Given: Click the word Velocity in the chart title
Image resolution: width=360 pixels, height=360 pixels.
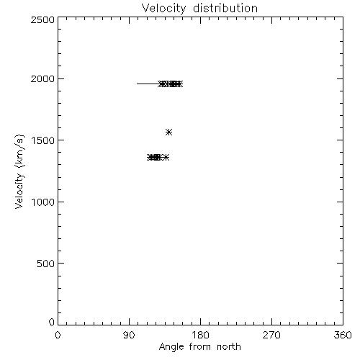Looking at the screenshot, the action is point(163,9).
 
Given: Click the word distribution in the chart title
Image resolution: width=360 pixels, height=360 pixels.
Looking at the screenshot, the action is point(225,8).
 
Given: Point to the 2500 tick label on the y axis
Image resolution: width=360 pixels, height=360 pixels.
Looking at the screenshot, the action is point(42,19).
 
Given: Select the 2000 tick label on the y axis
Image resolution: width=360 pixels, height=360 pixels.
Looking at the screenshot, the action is point(42,78).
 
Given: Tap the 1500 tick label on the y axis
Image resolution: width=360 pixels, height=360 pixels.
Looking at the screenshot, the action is point(43,140).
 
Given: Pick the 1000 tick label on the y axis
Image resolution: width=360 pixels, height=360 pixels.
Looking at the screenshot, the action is point(43,202).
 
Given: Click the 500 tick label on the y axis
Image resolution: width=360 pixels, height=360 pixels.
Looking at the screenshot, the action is point(46,264).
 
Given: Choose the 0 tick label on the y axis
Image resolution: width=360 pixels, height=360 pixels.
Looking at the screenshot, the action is point(52,322).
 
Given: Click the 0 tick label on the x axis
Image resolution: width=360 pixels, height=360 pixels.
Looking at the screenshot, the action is point(58,335).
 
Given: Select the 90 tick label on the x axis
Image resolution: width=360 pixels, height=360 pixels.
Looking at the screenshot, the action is point(129,335).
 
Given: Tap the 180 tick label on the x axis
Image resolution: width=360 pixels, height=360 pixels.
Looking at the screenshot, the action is point(200,335).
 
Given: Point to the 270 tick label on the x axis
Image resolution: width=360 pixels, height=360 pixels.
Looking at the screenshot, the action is point(271,335).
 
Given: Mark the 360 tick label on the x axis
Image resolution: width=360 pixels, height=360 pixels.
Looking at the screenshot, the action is point(343,335).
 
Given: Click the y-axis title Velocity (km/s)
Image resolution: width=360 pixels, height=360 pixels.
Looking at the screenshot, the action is point(19,171).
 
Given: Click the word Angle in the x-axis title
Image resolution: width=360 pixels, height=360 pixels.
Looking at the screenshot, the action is point(171,347).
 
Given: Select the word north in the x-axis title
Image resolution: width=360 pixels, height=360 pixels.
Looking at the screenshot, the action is point(229,347).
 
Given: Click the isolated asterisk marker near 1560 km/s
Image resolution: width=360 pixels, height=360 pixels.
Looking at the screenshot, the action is point(169,132).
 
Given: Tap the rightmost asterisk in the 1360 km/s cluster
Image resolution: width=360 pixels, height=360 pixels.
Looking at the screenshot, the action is point(166,158).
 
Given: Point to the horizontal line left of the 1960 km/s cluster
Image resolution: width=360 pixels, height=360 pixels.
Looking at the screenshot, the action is point(148,84).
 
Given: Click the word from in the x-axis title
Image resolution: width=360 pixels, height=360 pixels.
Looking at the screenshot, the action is point(200,347).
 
